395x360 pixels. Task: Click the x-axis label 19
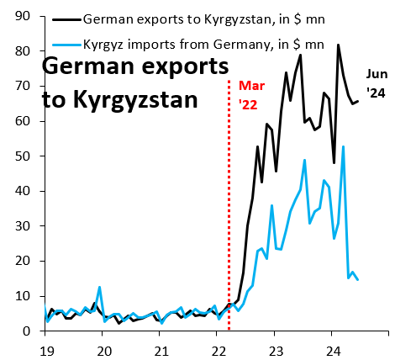tap(45, 347)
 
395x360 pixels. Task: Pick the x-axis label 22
tap(218, 347)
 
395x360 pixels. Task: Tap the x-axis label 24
tap(332, 347)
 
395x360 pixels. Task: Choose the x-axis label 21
tap(161, 347)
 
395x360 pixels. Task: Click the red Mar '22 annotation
tap(253, 95)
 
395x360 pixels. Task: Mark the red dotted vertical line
tap(229, 210)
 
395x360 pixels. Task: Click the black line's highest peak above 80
tap(338, 45)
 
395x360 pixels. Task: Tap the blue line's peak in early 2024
tap(343, 146)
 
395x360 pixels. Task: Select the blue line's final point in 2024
tap(358, 280)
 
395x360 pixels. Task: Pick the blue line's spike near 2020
tap(99, 287)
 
